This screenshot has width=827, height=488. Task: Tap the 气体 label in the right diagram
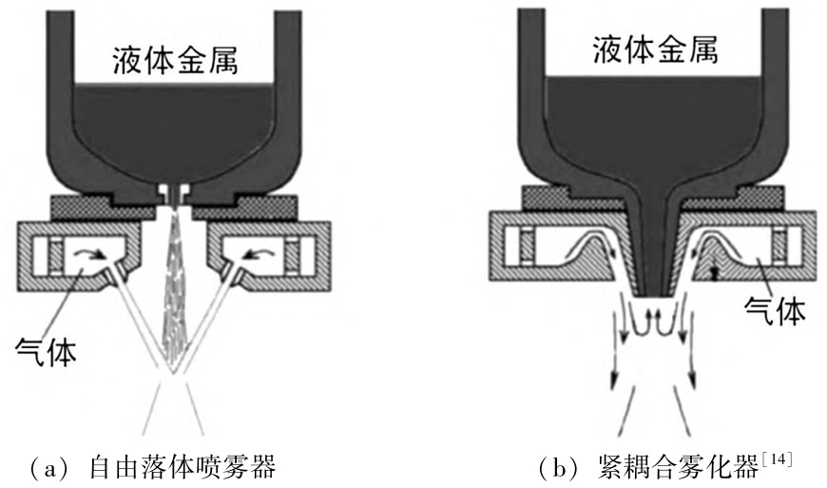coord(778,310)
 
